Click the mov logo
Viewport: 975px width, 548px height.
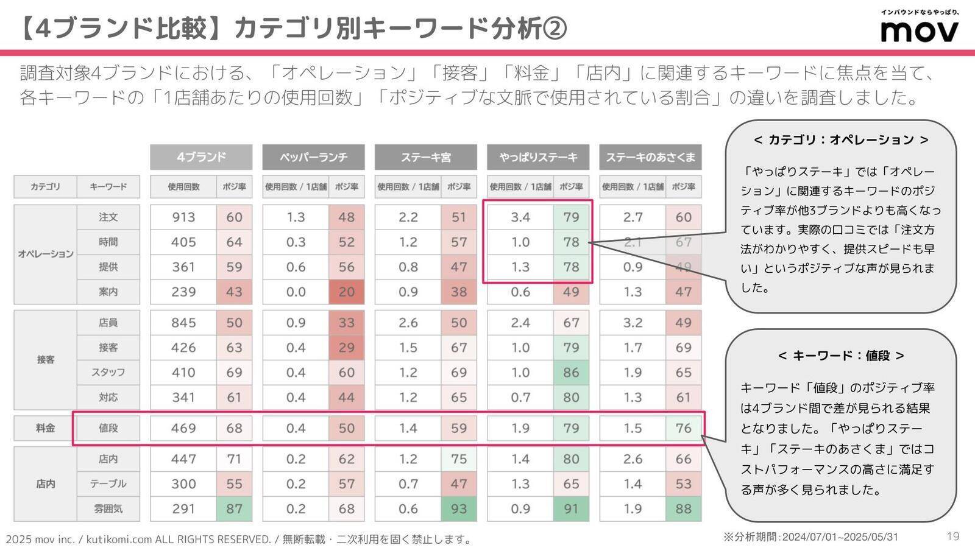click(x=919, y=30)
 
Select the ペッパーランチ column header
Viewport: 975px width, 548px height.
click(x=313, y=157)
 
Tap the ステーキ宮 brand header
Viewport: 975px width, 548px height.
click(x=425, y=157)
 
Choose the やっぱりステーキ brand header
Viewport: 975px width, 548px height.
click(x=538, y=157)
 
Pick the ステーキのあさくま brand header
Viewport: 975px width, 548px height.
click(x=650, y=157)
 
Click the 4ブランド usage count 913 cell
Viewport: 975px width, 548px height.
click(x=183, y=217)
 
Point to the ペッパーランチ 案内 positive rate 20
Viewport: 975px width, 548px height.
click(x=346, y=292)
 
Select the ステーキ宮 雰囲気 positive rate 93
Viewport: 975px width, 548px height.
click(x=458, y=509)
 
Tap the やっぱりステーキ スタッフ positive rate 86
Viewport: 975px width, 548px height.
click(x=571, y=373)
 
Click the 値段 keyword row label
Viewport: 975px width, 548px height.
click(x=108, y=428)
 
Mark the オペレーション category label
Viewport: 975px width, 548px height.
click(x=46, y=254)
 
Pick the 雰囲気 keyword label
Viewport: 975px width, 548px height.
click(x=108, y=509)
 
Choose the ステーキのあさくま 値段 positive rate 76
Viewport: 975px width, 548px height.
click(x=683, y=428)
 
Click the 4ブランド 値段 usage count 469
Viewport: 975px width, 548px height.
click(x=183, y=428)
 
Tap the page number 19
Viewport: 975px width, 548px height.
click(x=953, y=536)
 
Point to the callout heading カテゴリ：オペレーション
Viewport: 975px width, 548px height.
click(x=841, y=140)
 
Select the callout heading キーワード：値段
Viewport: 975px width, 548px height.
click(x=841, y=356)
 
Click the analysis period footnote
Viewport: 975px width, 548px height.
click(x=810, y=537)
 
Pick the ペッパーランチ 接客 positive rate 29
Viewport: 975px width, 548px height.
click(x=346, y=348)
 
